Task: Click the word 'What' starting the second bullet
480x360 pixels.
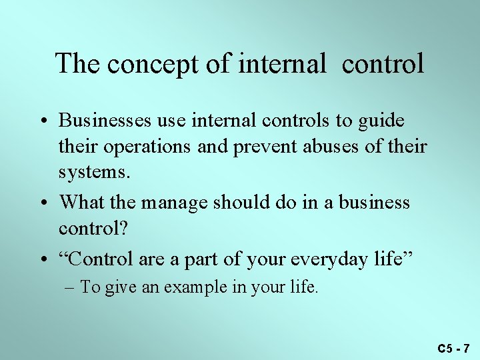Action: (81, 202)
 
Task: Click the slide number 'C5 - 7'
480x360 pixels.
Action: (453, 348)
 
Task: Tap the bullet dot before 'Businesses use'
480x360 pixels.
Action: (47, 122)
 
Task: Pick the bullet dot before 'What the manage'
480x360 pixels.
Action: (47, 203)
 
